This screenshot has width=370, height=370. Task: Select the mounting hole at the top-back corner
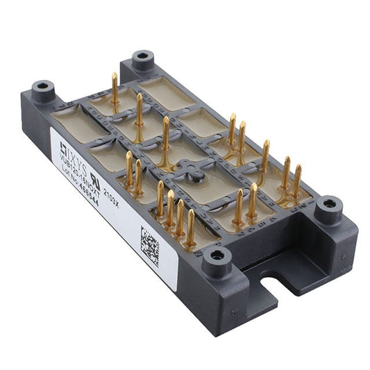pos(143,56)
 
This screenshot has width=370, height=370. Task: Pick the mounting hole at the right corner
pos(328,205)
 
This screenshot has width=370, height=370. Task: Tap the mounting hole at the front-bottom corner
pos(217,256)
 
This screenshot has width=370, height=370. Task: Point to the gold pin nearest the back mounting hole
pos(115,89)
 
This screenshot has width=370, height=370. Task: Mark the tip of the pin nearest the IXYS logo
pos(129,154)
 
